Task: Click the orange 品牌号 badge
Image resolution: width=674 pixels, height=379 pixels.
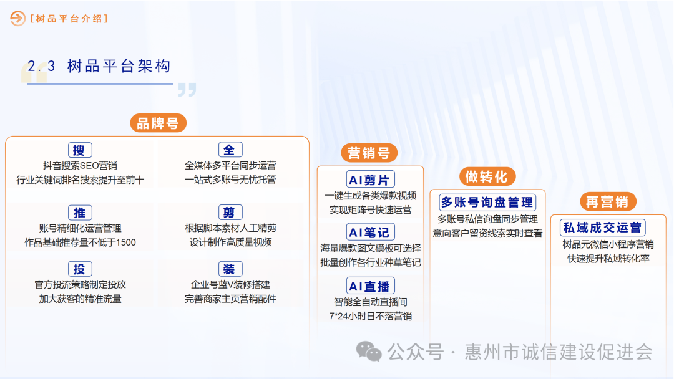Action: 158,123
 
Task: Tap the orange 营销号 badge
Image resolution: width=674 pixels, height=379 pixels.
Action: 369,153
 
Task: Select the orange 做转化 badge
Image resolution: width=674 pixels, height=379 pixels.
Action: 487,176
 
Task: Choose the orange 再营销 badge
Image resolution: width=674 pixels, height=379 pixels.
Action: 607,201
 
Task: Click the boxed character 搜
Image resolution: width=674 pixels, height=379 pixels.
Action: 79,150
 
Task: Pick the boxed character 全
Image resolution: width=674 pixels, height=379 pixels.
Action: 230,150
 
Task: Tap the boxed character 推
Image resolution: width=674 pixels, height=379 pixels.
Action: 79,213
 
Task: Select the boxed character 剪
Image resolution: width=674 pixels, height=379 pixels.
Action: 230,213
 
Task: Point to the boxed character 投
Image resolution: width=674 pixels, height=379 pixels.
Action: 79,269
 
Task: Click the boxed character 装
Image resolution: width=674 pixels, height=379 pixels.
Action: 230,269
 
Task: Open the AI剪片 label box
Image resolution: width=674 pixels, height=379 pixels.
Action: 370,180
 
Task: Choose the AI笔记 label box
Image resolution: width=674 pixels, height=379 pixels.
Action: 370,233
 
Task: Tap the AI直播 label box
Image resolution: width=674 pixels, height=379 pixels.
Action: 370,286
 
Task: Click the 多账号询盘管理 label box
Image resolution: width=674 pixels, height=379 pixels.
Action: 487,203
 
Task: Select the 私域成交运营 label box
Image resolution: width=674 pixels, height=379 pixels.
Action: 602,228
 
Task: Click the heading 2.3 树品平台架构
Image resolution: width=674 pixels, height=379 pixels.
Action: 99,67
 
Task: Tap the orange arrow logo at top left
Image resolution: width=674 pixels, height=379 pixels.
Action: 17,19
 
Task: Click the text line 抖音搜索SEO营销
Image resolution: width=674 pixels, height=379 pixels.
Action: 80,166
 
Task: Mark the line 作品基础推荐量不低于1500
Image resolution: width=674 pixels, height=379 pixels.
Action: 80,242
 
